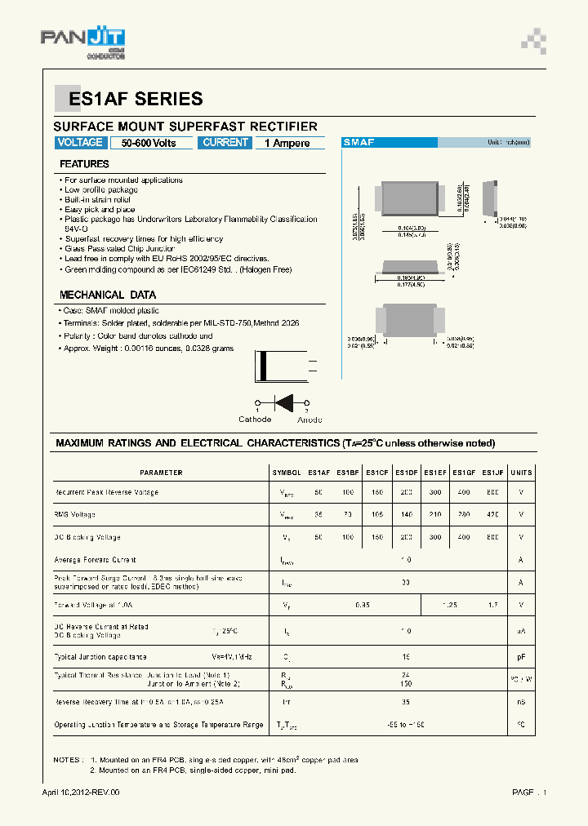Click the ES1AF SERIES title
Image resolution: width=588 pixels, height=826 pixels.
click(x=136, y=100)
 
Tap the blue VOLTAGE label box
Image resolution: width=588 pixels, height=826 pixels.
click(x=80, y=143)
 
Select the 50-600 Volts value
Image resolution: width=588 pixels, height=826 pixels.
click(x=149, y=144)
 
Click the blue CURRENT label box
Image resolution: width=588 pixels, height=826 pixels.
click(x=225, y=143)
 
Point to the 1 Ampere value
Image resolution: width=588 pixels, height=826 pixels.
click(x=287, y=144)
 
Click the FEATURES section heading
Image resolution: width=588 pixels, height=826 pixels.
click(x=84, y=164)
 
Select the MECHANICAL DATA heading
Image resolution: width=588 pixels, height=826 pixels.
click(x=107, y=295)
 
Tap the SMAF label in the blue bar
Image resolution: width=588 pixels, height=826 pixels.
click(x=359, y=142)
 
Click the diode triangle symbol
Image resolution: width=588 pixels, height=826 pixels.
click(x=284, y=402)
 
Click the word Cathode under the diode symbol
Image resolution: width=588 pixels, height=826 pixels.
click(x=255, y=420)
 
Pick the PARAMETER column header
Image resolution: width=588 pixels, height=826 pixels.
click(x=161, y=473)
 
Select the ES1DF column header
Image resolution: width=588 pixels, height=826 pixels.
click(x=407, y=473)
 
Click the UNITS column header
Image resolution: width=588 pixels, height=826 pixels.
click(x=521, y=473)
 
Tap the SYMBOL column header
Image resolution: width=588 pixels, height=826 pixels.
click(x=287, y=473)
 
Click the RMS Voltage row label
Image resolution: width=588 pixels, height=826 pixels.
click(x=74, y=514)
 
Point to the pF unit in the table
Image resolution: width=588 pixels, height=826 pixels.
click(x=521, y=656)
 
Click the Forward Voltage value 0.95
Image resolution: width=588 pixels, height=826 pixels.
click(x=363, y=605)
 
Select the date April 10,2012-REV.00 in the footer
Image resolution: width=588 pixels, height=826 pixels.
click(x=81, y=793)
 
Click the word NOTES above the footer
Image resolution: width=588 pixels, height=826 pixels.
click(x=68, y=760)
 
